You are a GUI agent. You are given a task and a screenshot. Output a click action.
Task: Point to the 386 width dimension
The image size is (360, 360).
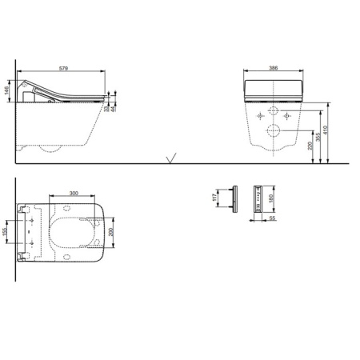(x=275, y=70)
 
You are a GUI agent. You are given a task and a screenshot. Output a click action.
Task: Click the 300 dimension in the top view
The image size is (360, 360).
(x=74, y=194)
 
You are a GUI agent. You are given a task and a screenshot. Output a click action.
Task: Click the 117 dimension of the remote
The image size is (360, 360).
(x=215, y=196)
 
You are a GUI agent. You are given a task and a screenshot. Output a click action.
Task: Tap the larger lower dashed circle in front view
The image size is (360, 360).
(x=275, y=130)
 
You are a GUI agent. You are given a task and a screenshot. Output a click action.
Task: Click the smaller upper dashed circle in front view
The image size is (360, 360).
(x=275, y=113)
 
